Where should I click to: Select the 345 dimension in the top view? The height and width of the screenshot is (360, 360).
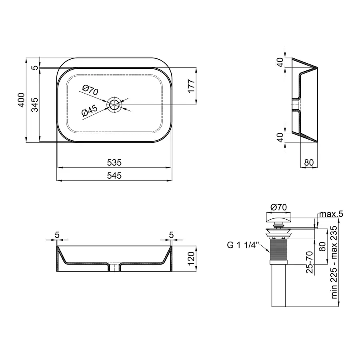point(35,104)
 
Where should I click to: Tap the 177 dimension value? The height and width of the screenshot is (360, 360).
point(191,86)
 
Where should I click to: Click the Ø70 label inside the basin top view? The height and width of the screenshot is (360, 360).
point(90,90)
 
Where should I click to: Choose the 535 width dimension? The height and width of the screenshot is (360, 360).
point(114,163)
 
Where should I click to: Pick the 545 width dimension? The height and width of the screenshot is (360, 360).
point(114,175)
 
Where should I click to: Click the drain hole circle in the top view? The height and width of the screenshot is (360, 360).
point(114,105)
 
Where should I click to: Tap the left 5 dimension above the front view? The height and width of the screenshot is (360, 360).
point(57,235)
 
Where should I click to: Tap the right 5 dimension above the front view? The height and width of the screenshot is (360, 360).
point(171,235)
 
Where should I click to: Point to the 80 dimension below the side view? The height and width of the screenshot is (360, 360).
point(309,163)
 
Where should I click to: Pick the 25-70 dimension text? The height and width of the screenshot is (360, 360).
point(309,262)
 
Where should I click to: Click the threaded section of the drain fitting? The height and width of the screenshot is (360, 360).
point(279,250)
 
